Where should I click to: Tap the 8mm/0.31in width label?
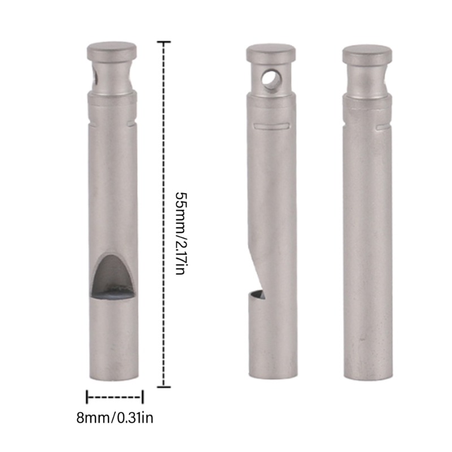pyautogui.click(x=115, y=419)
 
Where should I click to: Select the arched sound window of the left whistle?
pyautogui.click(x=114, y=276)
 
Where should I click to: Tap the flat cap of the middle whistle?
pyautogui.click(x=271, y=53)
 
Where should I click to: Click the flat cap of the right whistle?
pyautogui.click(x=367, y=53)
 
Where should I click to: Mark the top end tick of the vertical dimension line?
pyautogui.click(x=164, y=42)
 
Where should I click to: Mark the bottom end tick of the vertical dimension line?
pyautogui.click(x=164, y=387)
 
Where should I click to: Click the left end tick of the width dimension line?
pyautogui.click(x=87, y=397)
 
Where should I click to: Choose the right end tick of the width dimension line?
pyautogui.click(x=143, y=397)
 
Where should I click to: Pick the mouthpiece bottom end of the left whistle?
pyautogui.click(x=113, y=377)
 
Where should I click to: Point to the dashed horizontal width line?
pyautogui.click(x=115, y=397)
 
